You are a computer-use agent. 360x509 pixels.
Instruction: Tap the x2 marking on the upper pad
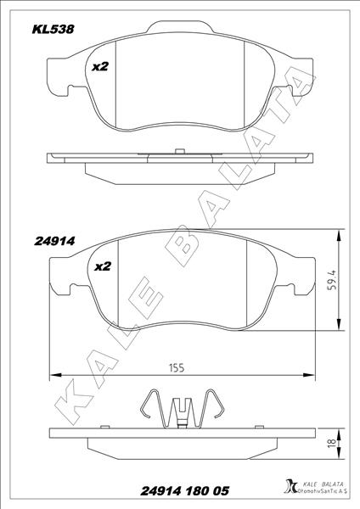point(100,67)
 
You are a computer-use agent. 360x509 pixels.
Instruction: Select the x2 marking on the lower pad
point(102,266)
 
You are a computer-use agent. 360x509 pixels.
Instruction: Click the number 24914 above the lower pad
point(55,240)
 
